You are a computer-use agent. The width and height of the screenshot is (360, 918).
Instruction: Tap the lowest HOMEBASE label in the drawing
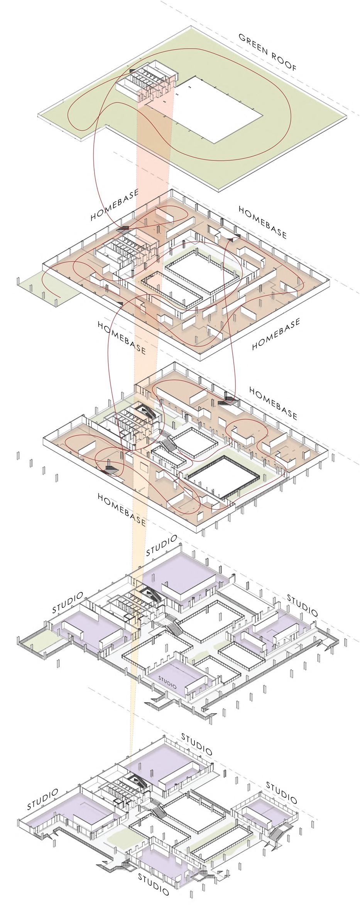(x=122, y=509)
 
